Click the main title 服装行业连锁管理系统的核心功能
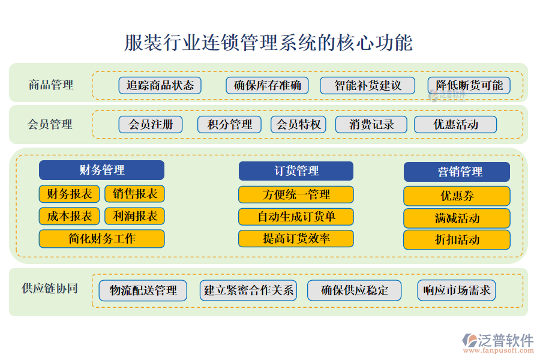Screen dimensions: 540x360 click(268, 43)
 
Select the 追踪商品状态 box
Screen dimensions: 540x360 click(160, 85)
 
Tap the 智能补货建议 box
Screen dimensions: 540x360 click(367, 85)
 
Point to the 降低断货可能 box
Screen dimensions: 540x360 click(469, 85)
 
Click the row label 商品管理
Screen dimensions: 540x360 click(51, 85)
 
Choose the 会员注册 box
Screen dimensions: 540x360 click(151, 124)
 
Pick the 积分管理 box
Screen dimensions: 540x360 click(229, 124)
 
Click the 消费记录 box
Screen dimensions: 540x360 click(371, 124)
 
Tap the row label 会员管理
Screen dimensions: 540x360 click(50, 124)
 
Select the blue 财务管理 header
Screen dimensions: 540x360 click(101, 170)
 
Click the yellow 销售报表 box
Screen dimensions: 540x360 click(134, 194)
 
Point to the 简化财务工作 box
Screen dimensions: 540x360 click(101, 239)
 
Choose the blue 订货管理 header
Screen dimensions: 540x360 click(296, 171)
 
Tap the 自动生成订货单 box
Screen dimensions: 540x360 click(296, 217)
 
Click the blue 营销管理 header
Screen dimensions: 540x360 click(457, 172)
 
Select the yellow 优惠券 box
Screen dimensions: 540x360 click(457, 196)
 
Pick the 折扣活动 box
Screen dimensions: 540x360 click(457, 240)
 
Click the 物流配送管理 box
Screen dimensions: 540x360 click(143, 290)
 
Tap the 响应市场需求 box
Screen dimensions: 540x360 click(457, 290)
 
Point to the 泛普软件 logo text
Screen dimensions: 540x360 click(506, 340)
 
